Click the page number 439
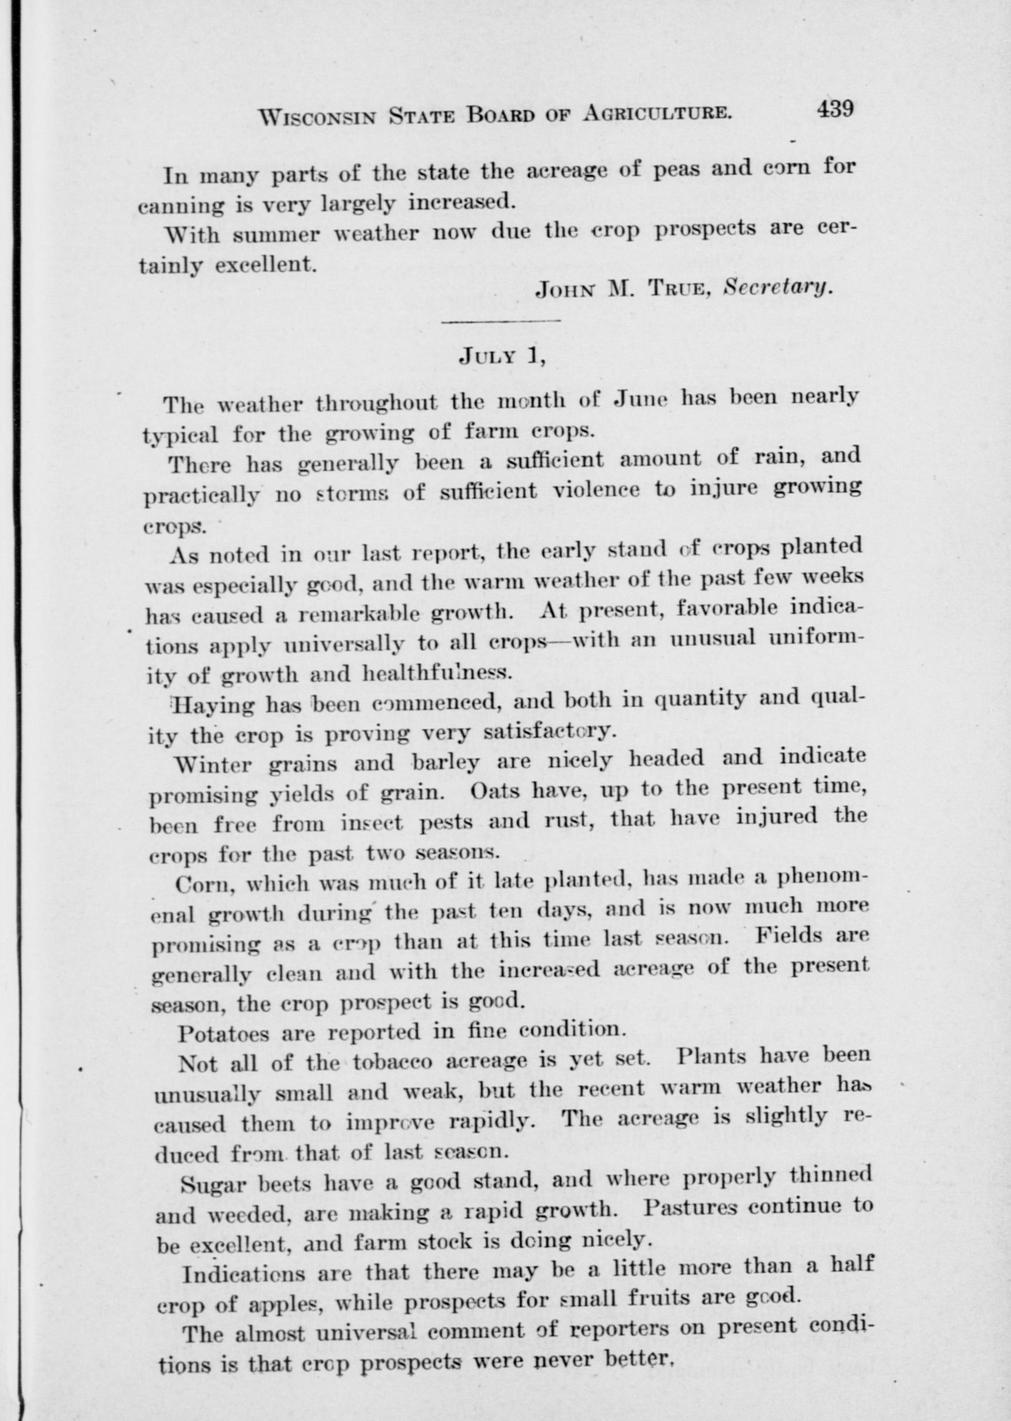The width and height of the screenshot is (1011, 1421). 835,109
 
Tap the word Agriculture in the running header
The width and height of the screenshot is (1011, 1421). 656,113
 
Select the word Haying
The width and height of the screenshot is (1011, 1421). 213,706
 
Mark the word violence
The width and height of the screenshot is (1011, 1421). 597,490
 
